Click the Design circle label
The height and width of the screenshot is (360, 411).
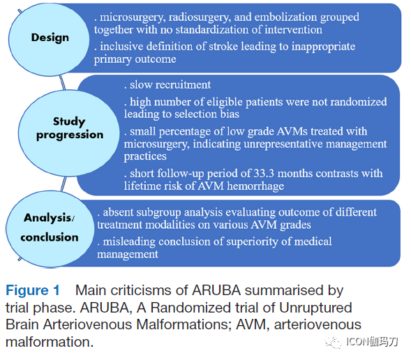pyautogui.click(x=50, y=38)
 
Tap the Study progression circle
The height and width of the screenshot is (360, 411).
pyautogui.click(x=69, y=133)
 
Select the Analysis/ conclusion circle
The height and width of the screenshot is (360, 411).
pyautogui.click(x=50, y=229)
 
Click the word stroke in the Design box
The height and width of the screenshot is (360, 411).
pyautogui.click(x=223, y=46)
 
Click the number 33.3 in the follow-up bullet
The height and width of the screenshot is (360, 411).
pyautogui.click(x=264, y=174)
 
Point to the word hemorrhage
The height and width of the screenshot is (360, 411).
pyautogui.click(x=255, y=186)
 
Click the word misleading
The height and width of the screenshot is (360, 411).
pyautogui.click(x=129, y=242)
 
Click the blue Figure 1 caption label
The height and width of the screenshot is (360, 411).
pyautogui.click(x=33, y=290)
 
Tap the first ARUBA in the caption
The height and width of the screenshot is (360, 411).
pyautogui.click(x=216, y=290)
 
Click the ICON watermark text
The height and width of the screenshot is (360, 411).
pyautogui.click(x=372, y=342)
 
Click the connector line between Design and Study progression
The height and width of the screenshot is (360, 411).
pyautogui.click(x=62, y=82)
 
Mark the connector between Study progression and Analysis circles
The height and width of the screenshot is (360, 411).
pyautogui.click(x=63, y=183)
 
